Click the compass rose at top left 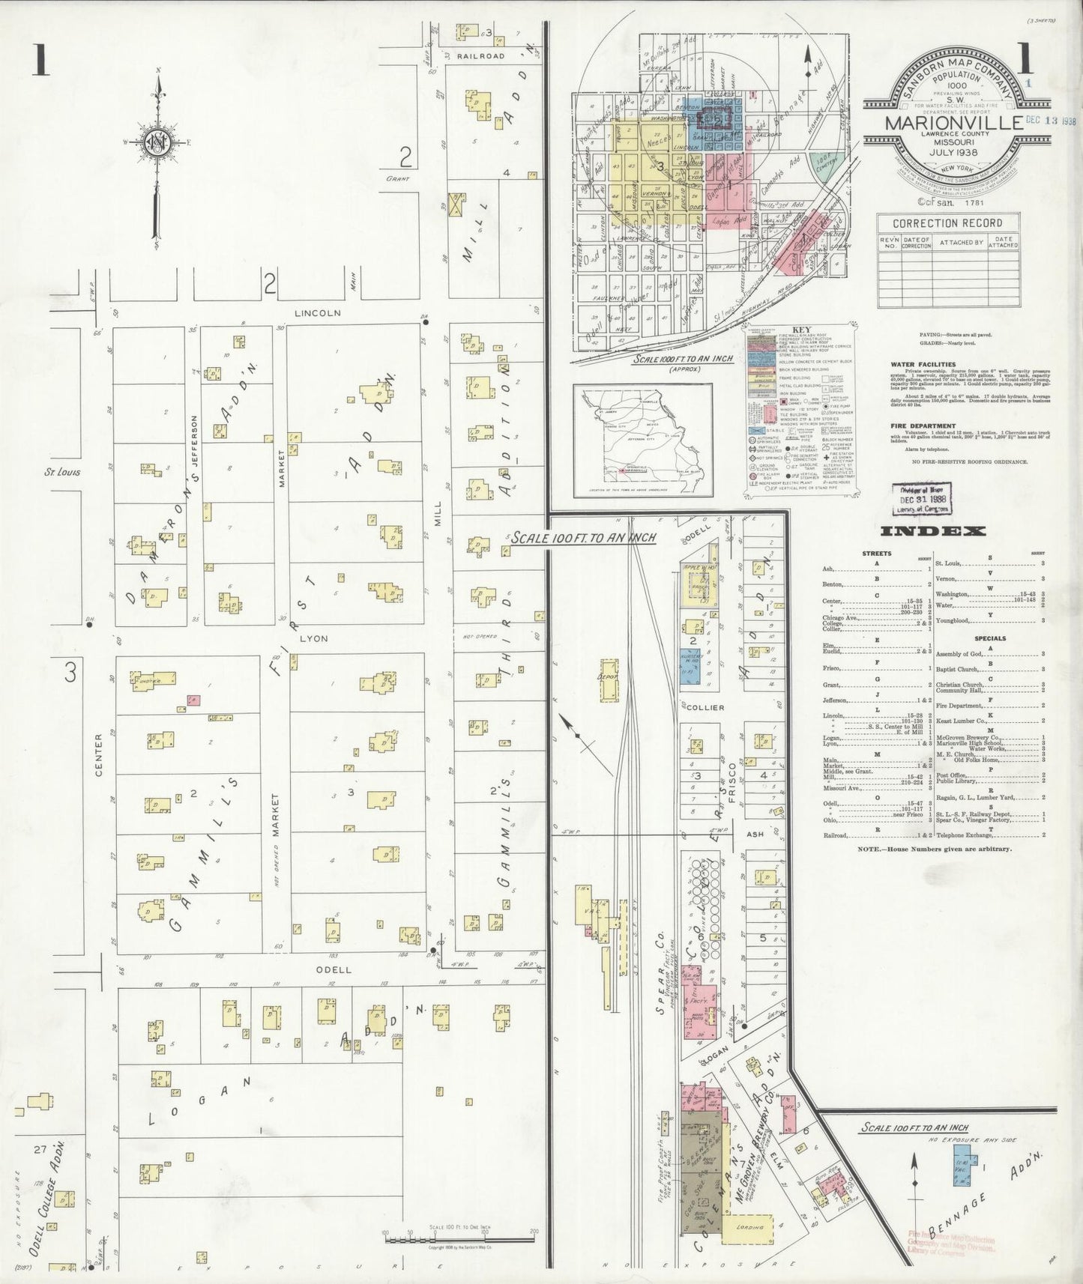(158, 141)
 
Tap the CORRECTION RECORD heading (947, 223)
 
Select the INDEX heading (932, 532)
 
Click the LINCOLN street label (317, 313)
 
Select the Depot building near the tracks (609, 679)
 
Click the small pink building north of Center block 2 (193, 700)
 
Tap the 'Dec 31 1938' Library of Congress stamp (921, 499)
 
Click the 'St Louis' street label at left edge (62, 472)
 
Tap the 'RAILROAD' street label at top (483, 56)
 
